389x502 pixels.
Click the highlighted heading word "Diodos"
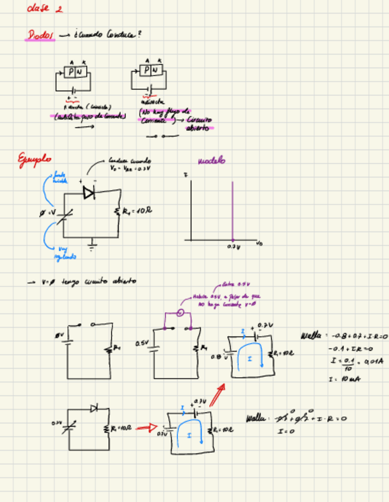[x=40, y=36]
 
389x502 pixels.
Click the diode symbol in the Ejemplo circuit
[x=89, y=192]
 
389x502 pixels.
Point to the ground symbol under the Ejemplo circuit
[x=93, y=243]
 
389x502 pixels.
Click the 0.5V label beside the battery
[x=142, y=343]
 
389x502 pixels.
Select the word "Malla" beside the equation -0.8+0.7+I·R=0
[x=310, y=335]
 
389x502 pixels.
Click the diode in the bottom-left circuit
[x=94, y=408]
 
